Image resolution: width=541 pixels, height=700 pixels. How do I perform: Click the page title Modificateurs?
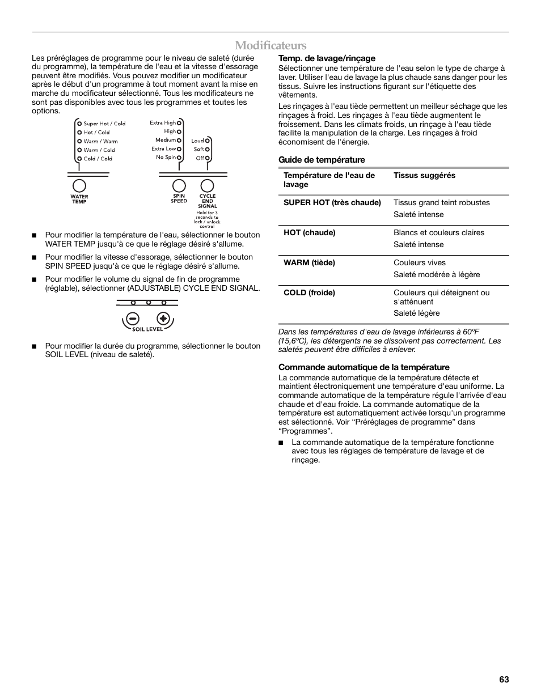tap(270, 45)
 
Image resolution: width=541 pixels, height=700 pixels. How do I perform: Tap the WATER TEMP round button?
tap(79, 186)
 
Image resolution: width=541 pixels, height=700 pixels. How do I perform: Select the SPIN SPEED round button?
tap(179, 185)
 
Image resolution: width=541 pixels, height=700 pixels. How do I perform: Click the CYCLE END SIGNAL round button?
tap(208, 185)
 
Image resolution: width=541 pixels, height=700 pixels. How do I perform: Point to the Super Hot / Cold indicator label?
tap(104, 124)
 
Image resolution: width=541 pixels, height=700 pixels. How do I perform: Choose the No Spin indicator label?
tap(166, 158)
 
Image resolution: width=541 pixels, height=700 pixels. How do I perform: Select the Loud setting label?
tap(197, 141)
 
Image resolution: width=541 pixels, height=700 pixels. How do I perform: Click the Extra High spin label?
tap(163, 122)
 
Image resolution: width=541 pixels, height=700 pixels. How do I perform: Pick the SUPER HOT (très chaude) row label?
tap(332, 202)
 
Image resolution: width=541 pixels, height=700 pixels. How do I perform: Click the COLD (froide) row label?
tap(309, 292)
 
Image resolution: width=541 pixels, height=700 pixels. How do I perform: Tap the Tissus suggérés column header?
tap(424, 176)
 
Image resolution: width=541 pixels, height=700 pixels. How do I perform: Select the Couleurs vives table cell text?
tap(420, 262)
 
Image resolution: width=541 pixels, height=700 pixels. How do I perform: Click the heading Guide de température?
tap(322, 160)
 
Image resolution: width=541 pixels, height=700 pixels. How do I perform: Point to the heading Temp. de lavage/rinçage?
tap(327, 58)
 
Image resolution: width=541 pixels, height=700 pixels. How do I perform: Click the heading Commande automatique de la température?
tap(364, 367)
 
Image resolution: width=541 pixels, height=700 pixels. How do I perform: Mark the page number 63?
tap(504, 680)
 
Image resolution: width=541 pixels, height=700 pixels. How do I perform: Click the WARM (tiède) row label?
tap(309, 262)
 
